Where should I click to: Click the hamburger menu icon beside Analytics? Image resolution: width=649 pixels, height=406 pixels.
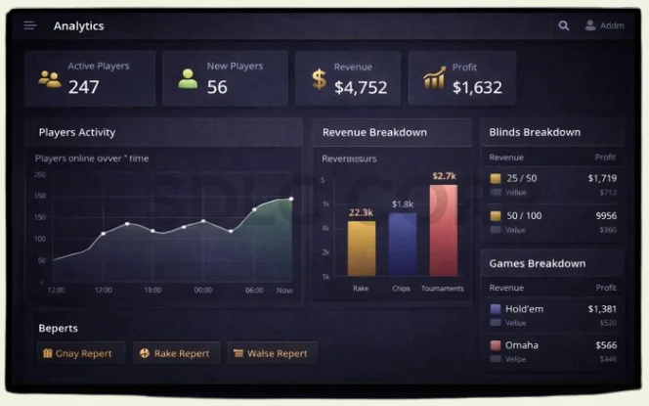(30, 25)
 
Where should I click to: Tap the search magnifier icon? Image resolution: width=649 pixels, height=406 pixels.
(563, 25)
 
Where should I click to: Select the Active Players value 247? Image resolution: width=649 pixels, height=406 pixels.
(84, 87)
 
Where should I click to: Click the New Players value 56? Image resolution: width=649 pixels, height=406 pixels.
(217, 87)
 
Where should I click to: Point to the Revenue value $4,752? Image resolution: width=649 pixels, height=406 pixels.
(362, 87)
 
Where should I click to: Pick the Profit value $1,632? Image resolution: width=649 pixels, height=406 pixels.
(477, 87)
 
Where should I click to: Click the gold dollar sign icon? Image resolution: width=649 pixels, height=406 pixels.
(319, 79)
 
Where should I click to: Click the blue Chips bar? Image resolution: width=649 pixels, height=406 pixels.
(403, 244)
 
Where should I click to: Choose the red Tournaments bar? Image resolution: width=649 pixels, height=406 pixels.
(444, 230)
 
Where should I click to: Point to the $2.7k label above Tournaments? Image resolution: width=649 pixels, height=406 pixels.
(444, 176)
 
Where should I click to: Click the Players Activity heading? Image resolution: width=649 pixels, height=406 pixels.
(77, 132)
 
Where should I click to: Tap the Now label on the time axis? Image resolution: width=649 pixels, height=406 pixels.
(284, 290)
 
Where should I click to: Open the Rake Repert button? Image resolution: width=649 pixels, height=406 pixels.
(176, 353)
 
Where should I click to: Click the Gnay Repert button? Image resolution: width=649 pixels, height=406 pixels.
(79, 353)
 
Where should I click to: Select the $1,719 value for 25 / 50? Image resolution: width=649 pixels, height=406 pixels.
(602, 178)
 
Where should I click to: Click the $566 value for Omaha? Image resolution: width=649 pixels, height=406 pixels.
(606, 345)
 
